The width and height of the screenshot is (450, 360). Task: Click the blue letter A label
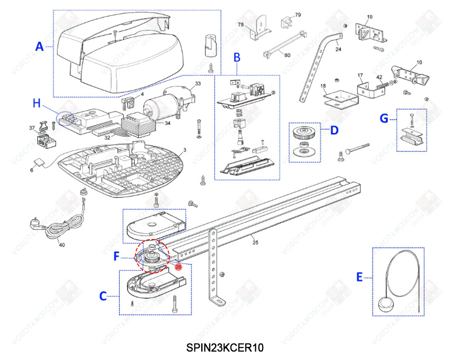[40, 46]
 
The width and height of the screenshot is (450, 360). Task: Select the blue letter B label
[237, 57]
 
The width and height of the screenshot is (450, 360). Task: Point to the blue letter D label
[334, 130]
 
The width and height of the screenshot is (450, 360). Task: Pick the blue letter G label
[384, 118]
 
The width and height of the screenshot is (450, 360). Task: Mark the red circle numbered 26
[178, 266]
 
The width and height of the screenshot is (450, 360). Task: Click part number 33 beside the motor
[197, 84]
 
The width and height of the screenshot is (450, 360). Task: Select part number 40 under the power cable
[62, 245]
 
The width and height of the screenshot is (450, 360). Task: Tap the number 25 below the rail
[255, 243]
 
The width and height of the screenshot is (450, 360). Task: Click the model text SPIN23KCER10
[225, 348]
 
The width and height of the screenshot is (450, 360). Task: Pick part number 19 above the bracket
[370, 17]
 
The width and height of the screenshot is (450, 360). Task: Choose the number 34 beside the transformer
[167, 122]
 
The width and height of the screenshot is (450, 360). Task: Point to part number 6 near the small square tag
[32, 170]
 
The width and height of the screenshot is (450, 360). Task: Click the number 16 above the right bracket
[419, 63]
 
